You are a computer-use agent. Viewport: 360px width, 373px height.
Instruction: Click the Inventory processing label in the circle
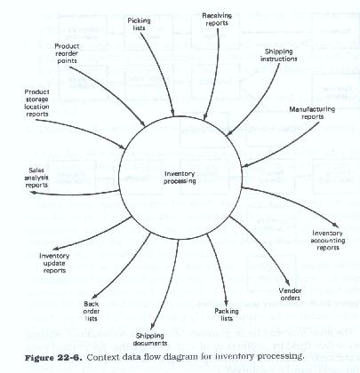(180, 178)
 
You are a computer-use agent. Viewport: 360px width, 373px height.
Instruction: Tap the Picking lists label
(139, 24)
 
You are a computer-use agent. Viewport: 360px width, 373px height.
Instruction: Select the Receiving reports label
(217, 20)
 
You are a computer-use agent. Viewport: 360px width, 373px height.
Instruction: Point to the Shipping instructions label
(278, 55)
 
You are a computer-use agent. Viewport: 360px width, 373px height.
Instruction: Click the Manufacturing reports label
(312, 113)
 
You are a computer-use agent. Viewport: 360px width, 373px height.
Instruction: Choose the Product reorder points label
(67, 53)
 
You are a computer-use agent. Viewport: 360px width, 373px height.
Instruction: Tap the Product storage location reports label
(36, 103)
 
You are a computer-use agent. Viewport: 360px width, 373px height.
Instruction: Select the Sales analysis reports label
(36, 178)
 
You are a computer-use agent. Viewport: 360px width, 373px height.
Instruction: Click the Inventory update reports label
(54, 263)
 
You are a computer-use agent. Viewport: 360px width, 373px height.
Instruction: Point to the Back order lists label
(92, 311)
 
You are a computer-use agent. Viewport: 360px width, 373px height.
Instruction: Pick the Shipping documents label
(150, 339)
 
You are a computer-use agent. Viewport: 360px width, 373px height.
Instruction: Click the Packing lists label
(227, 314)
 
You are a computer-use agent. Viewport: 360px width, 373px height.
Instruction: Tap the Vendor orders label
(291, 294)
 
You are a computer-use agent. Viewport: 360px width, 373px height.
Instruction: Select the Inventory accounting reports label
(328, 241)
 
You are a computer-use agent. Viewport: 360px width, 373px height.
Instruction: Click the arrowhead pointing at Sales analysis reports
(34, 193)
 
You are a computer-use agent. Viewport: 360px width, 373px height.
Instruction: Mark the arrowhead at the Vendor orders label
(287, 283)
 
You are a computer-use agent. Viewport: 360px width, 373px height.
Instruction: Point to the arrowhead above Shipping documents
(152, 327)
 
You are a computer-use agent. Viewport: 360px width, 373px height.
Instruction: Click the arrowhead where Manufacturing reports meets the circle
(245, 166)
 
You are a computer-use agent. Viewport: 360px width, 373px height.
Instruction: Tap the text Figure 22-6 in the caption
(52, 357)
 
